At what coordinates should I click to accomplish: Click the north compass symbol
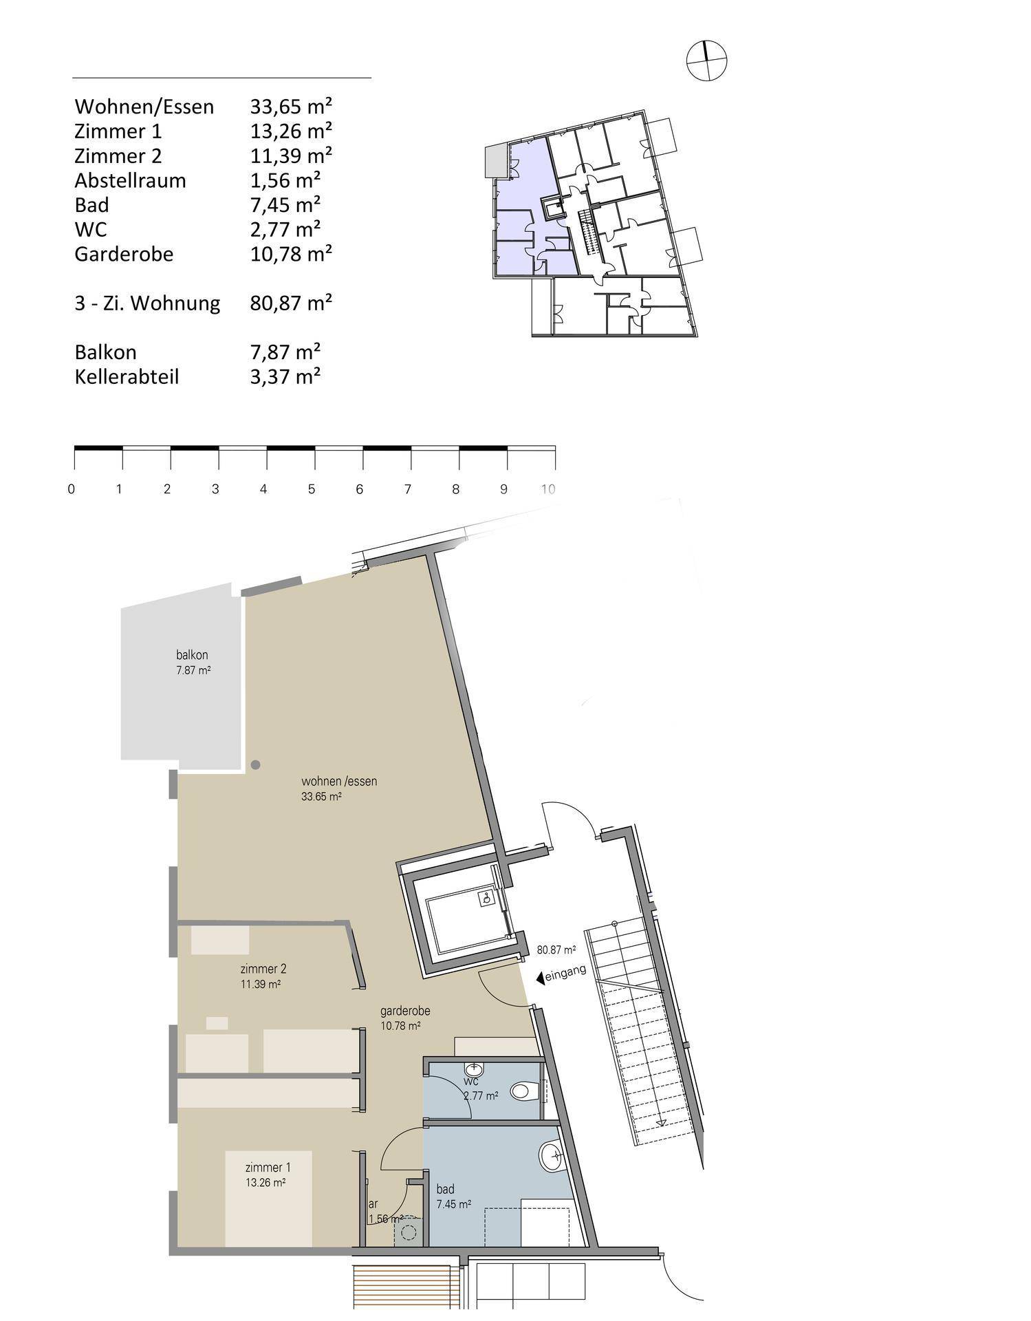click(x=707, y=61)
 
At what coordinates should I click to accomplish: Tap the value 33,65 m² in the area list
click(x=291, y=107)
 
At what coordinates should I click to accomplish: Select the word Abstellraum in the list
click(x=130, y=180)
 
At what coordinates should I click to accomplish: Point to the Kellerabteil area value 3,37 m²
click(x=285, y=376)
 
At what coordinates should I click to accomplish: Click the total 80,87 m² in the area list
click(x=291, y=303)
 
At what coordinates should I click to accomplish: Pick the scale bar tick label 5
click(x=312, y=489)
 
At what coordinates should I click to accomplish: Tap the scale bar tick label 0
click(x=72, y=489)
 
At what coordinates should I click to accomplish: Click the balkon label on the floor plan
click(x=192, y=655)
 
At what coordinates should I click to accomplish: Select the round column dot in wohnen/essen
click(x=255, y=764)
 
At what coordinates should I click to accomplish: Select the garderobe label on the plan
click(x=405, y=1011)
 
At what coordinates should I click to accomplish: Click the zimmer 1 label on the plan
click(x=268, y=1168)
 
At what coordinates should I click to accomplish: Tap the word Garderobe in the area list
click(x=124, y=254)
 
